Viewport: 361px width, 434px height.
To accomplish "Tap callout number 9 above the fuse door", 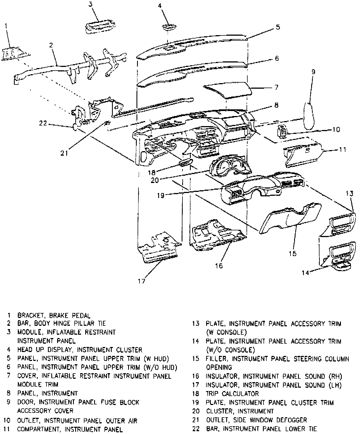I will pos(313,72).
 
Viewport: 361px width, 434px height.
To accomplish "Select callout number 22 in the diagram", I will pos(43,123).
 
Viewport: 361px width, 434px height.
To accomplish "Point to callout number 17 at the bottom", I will pos(142,281).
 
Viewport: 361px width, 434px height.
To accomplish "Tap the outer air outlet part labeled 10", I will pos(282,131).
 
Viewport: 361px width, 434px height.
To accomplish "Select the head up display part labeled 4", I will pos(169,27).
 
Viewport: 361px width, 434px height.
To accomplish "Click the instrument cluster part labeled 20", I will pos(230,167).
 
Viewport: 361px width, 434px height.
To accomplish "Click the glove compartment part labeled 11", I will pos(302,153).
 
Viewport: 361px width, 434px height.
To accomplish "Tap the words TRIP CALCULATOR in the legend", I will pos(232,394).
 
